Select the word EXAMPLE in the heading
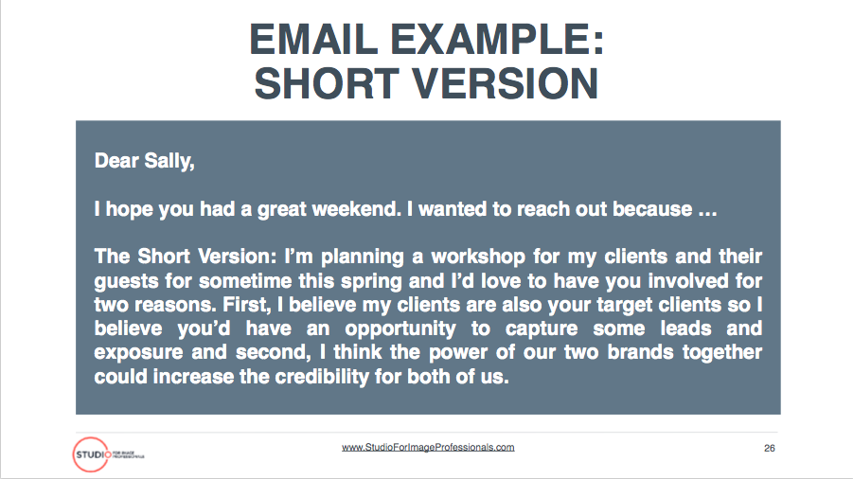click(x=497, y=40)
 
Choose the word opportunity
click(x=400, y=328)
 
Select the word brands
click(x=640, y=352)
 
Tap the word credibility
click(x=322, y=377)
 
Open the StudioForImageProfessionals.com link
click(x=428, y=448)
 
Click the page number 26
click(x=770, y=448)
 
